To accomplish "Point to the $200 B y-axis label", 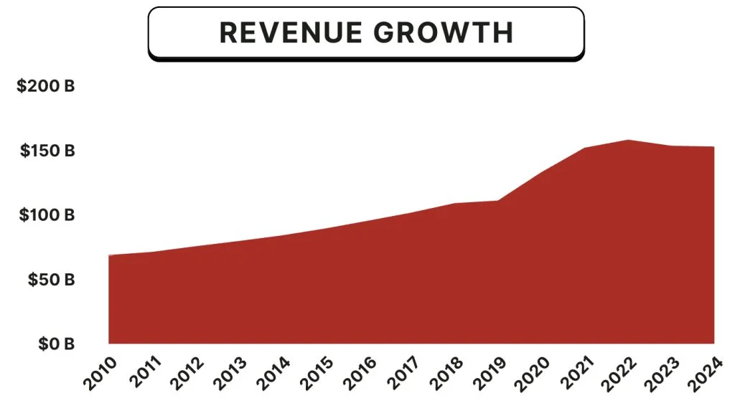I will tap(46, 87).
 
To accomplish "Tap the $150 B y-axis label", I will tap(47, 151).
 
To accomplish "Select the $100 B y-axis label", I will tap(47, 215).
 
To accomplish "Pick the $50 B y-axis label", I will tap(51, 280).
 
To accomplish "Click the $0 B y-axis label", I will tap(55, 344).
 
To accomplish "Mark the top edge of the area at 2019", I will tap(498, 201).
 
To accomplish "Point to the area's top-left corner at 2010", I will tap(109, 255).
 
